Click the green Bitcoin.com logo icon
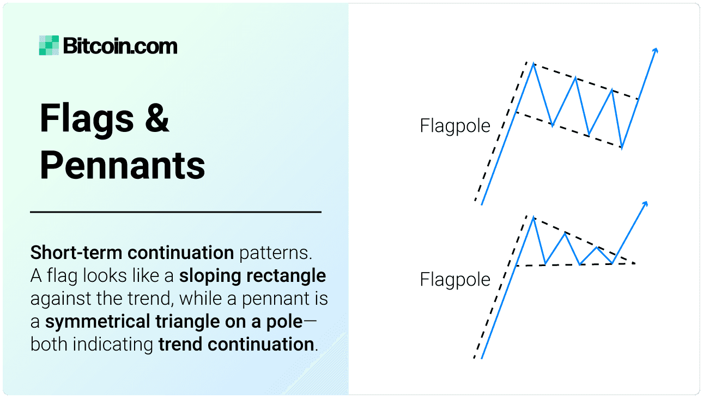[49, 45]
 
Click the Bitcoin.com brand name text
[120, 46]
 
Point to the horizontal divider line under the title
[175, 212]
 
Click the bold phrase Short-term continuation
[132, 253]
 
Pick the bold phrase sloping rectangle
[253, 276]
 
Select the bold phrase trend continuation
[236, 345]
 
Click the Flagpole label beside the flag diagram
[455, 126]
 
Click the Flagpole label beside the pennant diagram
[455, 280]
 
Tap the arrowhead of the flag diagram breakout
[656, 51]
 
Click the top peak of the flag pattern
[534, 64]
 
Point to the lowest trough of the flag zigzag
[622, 148]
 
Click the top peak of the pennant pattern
[534, 218]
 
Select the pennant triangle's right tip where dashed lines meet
[634, 264]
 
